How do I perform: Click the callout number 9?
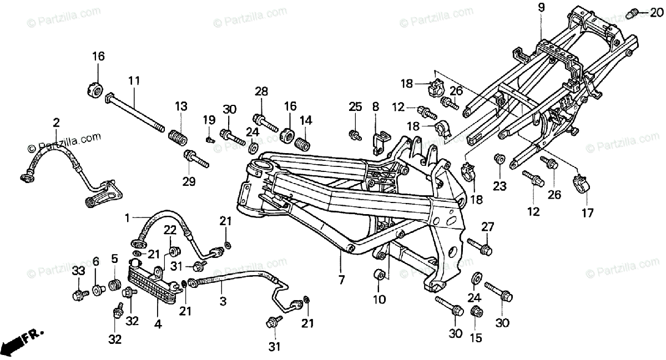pos(542,8)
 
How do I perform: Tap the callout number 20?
pos(656,13)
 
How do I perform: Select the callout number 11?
pos(134,81)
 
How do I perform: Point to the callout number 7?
pos(341,280)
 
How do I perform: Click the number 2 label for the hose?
pos(56,123)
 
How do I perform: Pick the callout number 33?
pos(79,271)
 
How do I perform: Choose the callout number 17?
pos(588,213)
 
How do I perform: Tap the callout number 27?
pos(488,227)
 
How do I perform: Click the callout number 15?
pos(476,338)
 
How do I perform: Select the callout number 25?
pos(355,107)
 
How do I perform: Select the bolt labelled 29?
pos(196,159)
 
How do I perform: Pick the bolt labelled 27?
pos(480,247)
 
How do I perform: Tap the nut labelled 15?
pos(477,311)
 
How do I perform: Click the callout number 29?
pos(189,181)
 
